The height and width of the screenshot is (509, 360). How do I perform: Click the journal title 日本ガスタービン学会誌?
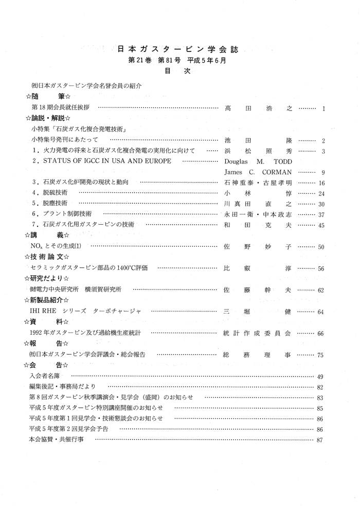178,49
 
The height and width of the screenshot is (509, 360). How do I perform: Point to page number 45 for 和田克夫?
321,225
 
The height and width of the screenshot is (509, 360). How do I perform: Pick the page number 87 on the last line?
321,440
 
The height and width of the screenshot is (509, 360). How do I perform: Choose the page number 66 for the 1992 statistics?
321,334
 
